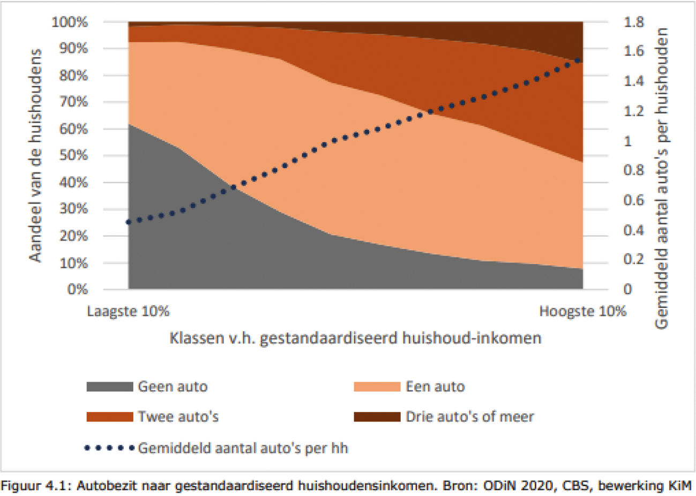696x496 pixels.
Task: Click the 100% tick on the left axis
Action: click(70, 22)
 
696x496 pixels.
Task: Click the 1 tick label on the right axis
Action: click(627, 141)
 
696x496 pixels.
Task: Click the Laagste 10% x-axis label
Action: click(128, 311)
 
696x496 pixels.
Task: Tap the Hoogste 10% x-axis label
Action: click(582, 311)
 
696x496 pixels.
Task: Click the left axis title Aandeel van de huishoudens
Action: click(35, 155)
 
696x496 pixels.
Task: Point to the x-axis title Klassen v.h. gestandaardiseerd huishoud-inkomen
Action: click(355, 339)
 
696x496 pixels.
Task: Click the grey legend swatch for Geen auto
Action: click(109, 387)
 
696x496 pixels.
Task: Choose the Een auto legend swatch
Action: click(377, 387)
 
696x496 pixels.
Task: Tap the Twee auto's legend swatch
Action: click(109, 417)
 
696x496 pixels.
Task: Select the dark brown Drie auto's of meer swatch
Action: click(377, 417)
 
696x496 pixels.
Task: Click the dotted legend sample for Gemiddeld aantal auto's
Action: click(109, 448)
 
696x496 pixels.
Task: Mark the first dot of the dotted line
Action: click(129, 222)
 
